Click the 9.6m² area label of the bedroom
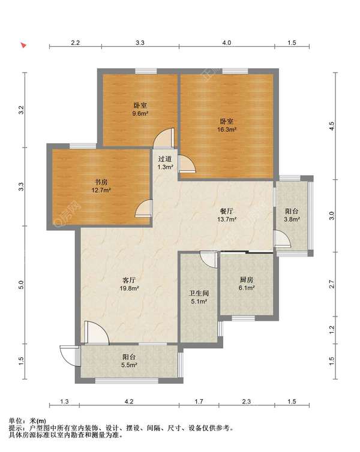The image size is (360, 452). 140,113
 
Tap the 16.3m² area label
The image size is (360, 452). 227,129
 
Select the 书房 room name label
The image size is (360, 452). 101,182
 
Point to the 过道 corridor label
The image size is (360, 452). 165,159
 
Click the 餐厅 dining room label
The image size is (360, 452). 227,211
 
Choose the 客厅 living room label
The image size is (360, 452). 129,280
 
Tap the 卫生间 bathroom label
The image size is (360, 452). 199,294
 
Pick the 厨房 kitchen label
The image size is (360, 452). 247,279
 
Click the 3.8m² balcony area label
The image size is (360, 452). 292,219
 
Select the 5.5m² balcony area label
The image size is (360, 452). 129,365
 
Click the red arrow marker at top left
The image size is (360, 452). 23,45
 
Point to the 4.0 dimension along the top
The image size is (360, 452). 226,43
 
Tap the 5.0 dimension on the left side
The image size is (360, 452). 21,285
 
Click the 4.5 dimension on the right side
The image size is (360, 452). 332,126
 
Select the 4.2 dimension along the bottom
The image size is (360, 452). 129,401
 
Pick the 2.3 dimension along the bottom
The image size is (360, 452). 247,401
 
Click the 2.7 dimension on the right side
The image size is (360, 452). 332,284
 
